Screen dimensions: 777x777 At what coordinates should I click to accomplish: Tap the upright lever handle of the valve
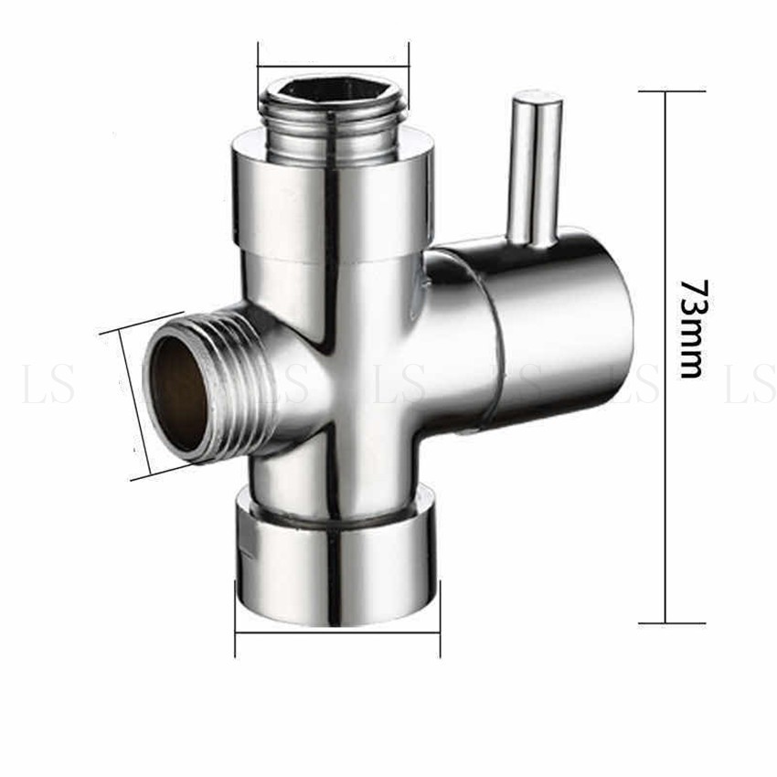[x=535, y=168]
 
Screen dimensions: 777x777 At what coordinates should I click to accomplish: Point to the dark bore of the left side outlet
[x=178, y=394]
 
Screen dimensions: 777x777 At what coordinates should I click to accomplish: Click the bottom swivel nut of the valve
[x=337, y=556]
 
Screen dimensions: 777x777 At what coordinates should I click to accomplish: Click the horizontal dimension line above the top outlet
[x=333, y=65]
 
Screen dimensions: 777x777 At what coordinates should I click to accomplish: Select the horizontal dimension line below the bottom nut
[x=337, y=633]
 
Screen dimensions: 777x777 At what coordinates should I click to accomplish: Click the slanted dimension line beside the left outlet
[x=134, y=404]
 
